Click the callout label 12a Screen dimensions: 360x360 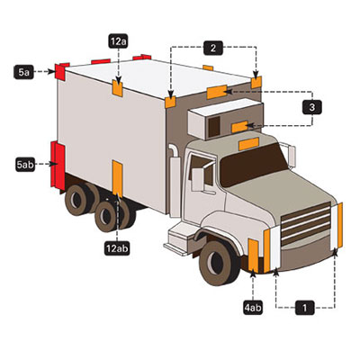pyautogui.click(x=118, y=41)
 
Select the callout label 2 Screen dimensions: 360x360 pyautogui.click(x=213, y=48)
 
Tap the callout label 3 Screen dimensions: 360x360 pyautogui.click(x=312, y=107)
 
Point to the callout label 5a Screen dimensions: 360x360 pyautogui.click(x=23, y=72)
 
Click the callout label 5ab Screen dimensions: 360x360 pyautogui.click(x=25, y=164)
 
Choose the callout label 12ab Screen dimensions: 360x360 pyautogui.click(x=117, y=248)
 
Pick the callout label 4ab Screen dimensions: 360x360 pyautogui.click(x=253, y=308)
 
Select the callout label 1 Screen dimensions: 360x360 pyautogui.click(x=305, y=308)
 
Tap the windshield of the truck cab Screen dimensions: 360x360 pyautogui.click(x=252, y=165)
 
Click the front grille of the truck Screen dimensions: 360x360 pyautogui.click(x=306, y=223)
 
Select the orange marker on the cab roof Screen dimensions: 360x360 pyautogui.click(x=248, y=144)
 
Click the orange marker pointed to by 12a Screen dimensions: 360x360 pyautogui.click(x=117, y=88)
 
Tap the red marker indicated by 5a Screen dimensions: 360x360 pyautogui.click(x=60, y=72)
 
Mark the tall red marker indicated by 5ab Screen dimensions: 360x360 pyautogui.click(x=58, y=166)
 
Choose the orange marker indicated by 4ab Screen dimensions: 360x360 pyautogui.click(x=253, y=256)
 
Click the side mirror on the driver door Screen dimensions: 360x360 pyautogui.click(x=198, y=179)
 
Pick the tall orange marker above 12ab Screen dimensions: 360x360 pyautogui.click(x=117, y=179)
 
